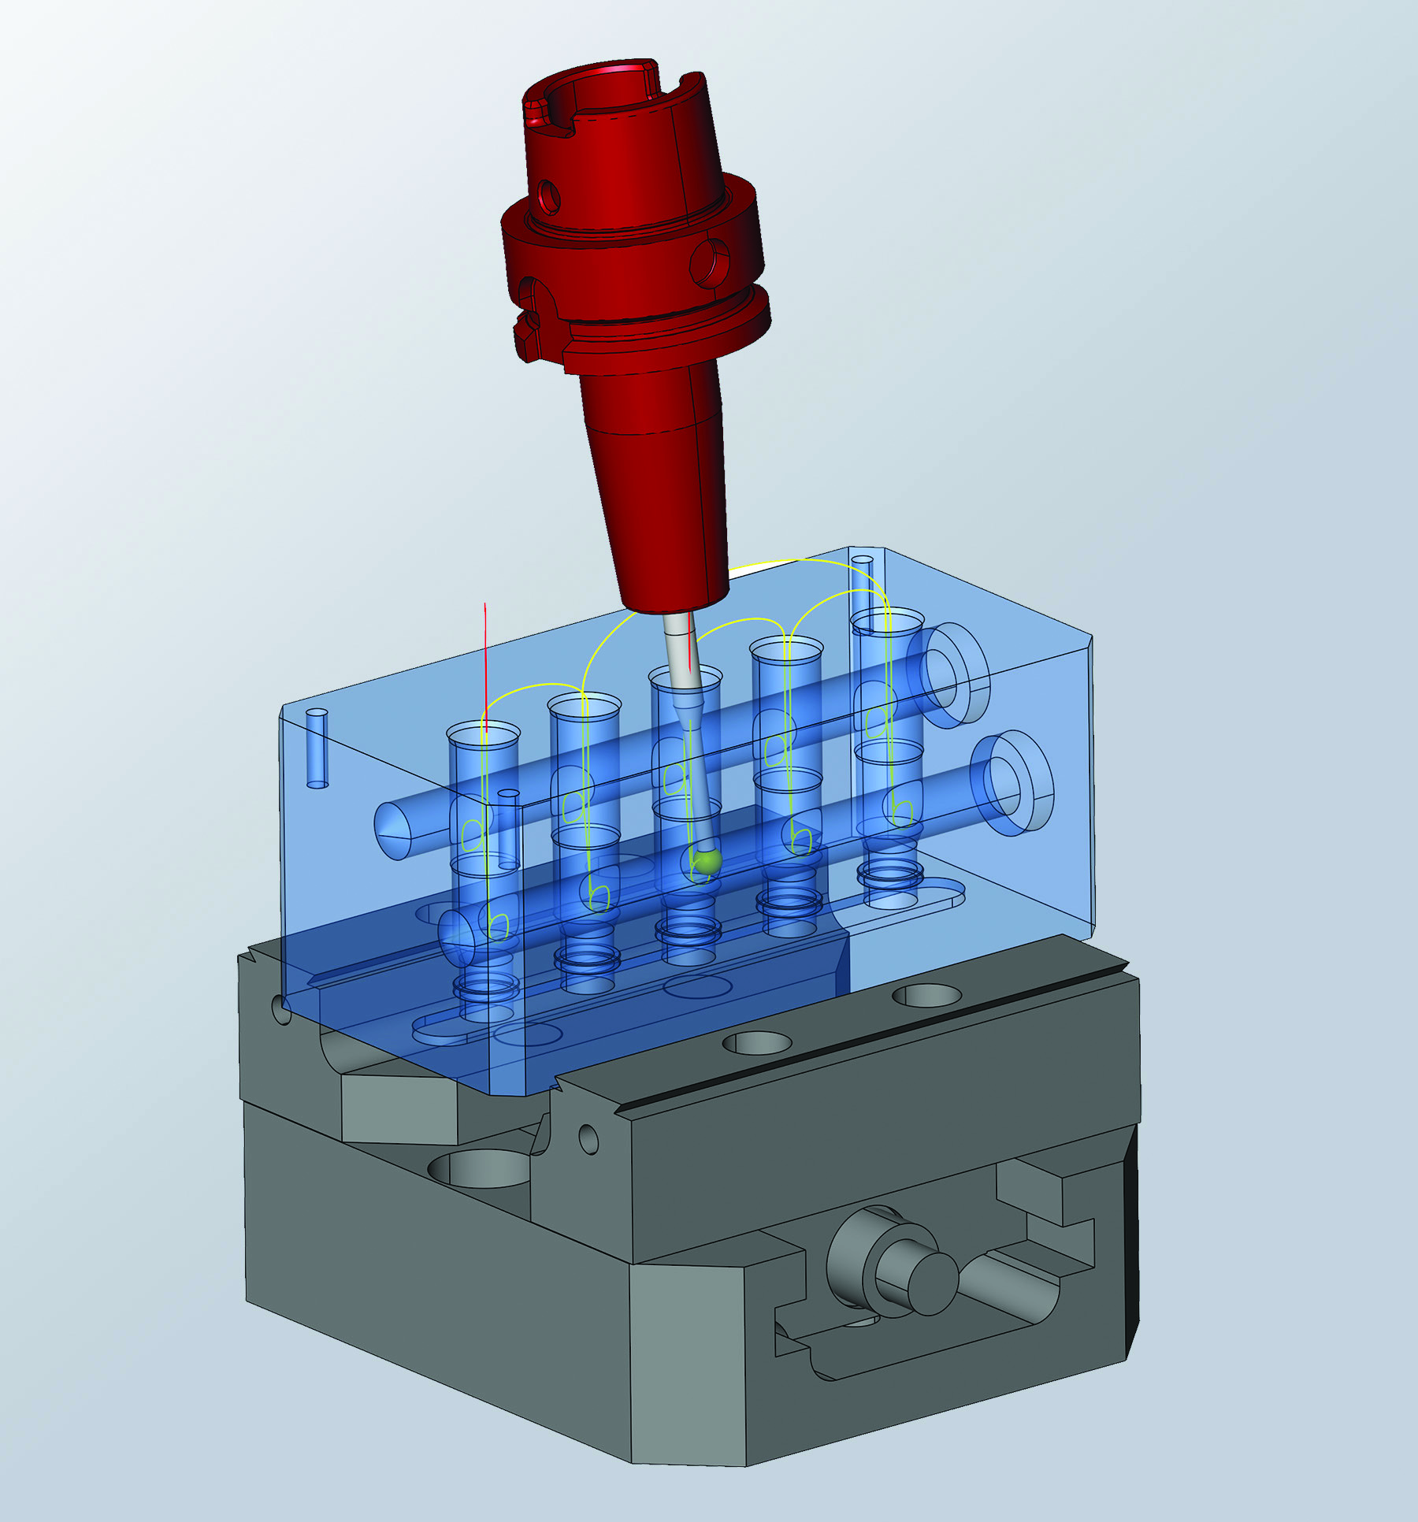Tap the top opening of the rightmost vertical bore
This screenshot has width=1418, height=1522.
click(887, 618)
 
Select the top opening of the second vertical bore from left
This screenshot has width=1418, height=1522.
click(585, 704)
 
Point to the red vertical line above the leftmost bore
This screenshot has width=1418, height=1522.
click(485, 662)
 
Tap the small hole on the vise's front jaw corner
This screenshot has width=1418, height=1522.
click(588, 1137)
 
